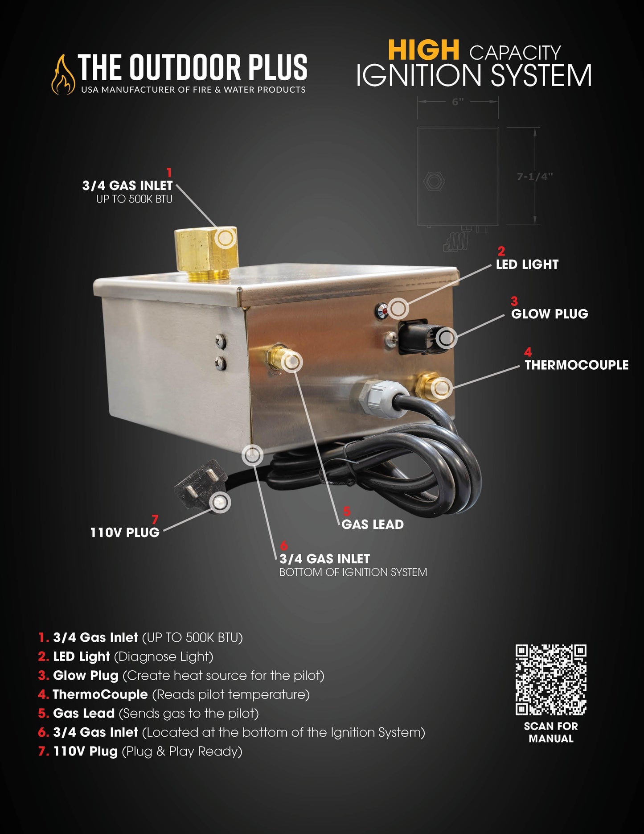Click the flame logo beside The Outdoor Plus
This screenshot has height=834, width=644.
pyautogui.click(x=63, y=74)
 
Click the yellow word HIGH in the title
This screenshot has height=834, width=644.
pyautogui.click(x=423, y=50)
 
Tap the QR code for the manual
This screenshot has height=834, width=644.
pyautogui.click(x=551, y=679)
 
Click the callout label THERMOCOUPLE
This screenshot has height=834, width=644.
pyautogui.click(x=576, y=365)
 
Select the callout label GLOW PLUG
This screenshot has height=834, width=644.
pyautogui.click(x=550, y=314)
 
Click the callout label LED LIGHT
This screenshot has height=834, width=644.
pyautogui.click(x=527, y=264)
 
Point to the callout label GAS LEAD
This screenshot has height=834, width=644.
pyautogui.click(x=373, y=524)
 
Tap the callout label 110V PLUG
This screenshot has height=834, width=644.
pyautogui.click(x=125, y=533)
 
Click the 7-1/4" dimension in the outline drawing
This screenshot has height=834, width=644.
pyautogui.click(x=535, y=177)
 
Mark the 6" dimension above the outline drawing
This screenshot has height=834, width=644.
pyautogui.click(x=458, y=102)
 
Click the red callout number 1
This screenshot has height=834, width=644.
pyautogui.click(x=169, y=173)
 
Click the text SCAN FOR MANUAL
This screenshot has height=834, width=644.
pyautogui.click(x=551, y=732)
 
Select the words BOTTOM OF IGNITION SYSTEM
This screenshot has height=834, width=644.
pyautogui.click(x=353, y=572)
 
